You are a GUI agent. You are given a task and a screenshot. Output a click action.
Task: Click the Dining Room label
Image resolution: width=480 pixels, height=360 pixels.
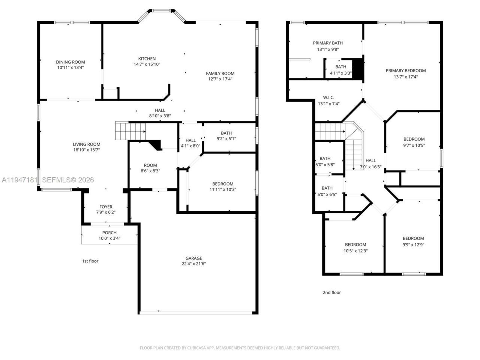coord(70,62)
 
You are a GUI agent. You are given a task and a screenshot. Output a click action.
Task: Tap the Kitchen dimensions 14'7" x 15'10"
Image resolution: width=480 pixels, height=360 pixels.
coord(147,64)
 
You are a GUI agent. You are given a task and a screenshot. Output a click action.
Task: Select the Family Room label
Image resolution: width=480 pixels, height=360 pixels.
coord(220,73)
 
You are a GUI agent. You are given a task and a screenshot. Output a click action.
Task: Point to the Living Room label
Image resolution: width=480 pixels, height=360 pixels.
coord(86,144)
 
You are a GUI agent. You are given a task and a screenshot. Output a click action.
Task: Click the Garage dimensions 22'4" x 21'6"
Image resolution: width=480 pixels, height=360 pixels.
coord(193,264)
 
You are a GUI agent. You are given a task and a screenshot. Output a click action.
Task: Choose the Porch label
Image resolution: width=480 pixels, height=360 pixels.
coord(109,232)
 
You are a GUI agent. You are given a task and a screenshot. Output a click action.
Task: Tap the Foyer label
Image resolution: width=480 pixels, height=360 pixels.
coord(106,207)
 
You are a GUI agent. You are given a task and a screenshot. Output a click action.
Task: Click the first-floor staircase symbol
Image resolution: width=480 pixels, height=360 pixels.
coord(130,131)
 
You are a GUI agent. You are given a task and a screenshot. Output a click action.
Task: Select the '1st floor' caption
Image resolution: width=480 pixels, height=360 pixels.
coord(90,261)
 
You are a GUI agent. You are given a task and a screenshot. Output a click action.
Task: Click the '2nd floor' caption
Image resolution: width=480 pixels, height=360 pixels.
coord(332,292)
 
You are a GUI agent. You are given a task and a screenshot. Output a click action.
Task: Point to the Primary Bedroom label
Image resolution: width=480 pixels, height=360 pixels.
coord(406,70)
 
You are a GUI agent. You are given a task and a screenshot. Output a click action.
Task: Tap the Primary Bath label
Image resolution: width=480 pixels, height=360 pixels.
coord(328,43)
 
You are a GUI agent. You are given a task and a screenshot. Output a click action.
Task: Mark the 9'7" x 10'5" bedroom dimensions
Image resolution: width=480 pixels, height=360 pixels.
coord(414,145)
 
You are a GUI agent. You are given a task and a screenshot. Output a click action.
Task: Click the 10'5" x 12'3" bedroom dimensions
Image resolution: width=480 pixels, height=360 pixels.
coord(355,251)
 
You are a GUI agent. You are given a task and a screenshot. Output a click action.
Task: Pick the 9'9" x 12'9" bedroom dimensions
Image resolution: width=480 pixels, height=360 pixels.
coord(413,244)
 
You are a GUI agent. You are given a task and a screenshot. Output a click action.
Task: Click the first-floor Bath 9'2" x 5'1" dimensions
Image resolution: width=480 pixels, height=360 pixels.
coord(226,139)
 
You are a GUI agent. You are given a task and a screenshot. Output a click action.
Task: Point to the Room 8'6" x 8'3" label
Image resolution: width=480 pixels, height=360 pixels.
coord(150,165)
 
